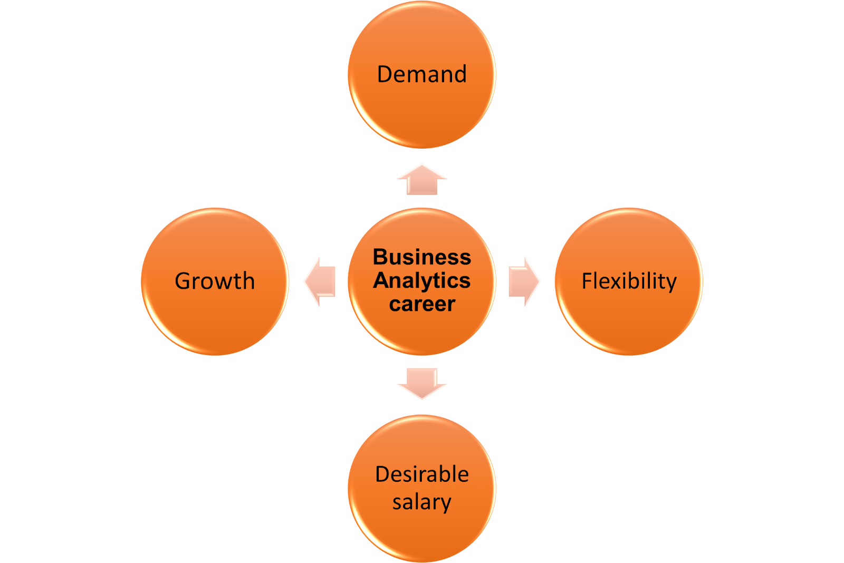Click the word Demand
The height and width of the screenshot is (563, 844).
coord(422,74)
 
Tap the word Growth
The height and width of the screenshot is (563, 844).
coord(215,281)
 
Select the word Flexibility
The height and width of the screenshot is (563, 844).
coord(629,281)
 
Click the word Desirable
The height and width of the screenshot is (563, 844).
coord(422,474)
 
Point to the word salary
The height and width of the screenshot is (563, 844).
coord(422,502)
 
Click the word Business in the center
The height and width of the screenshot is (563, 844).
coord(422,257)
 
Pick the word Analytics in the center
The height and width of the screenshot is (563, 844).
coord(422,281)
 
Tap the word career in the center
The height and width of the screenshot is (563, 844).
coord(422,304)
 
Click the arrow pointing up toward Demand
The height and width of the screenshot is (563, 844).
coord(422,180)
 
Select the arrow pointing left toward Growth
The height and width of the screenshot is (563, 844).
coord(320,281)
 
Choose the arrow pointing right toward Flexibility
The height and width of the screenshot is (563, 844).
coord(524,281)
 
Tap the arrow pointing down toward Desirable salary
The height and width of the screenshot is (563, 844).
coord(422,383)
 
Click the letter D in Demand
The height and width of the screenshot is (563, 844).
coord(385,74)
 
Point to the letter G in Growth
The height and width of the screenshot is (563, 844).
coord(183,281)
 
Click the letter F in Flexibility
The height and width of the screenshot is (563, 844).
coord(586,281)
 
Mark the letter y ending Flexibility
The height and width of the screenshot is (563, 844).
coord(671,283)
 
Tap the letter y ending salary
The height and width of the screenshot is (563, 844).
coord(446,504)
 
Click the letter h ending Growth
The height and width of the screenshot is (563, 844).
coord(248,280)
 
